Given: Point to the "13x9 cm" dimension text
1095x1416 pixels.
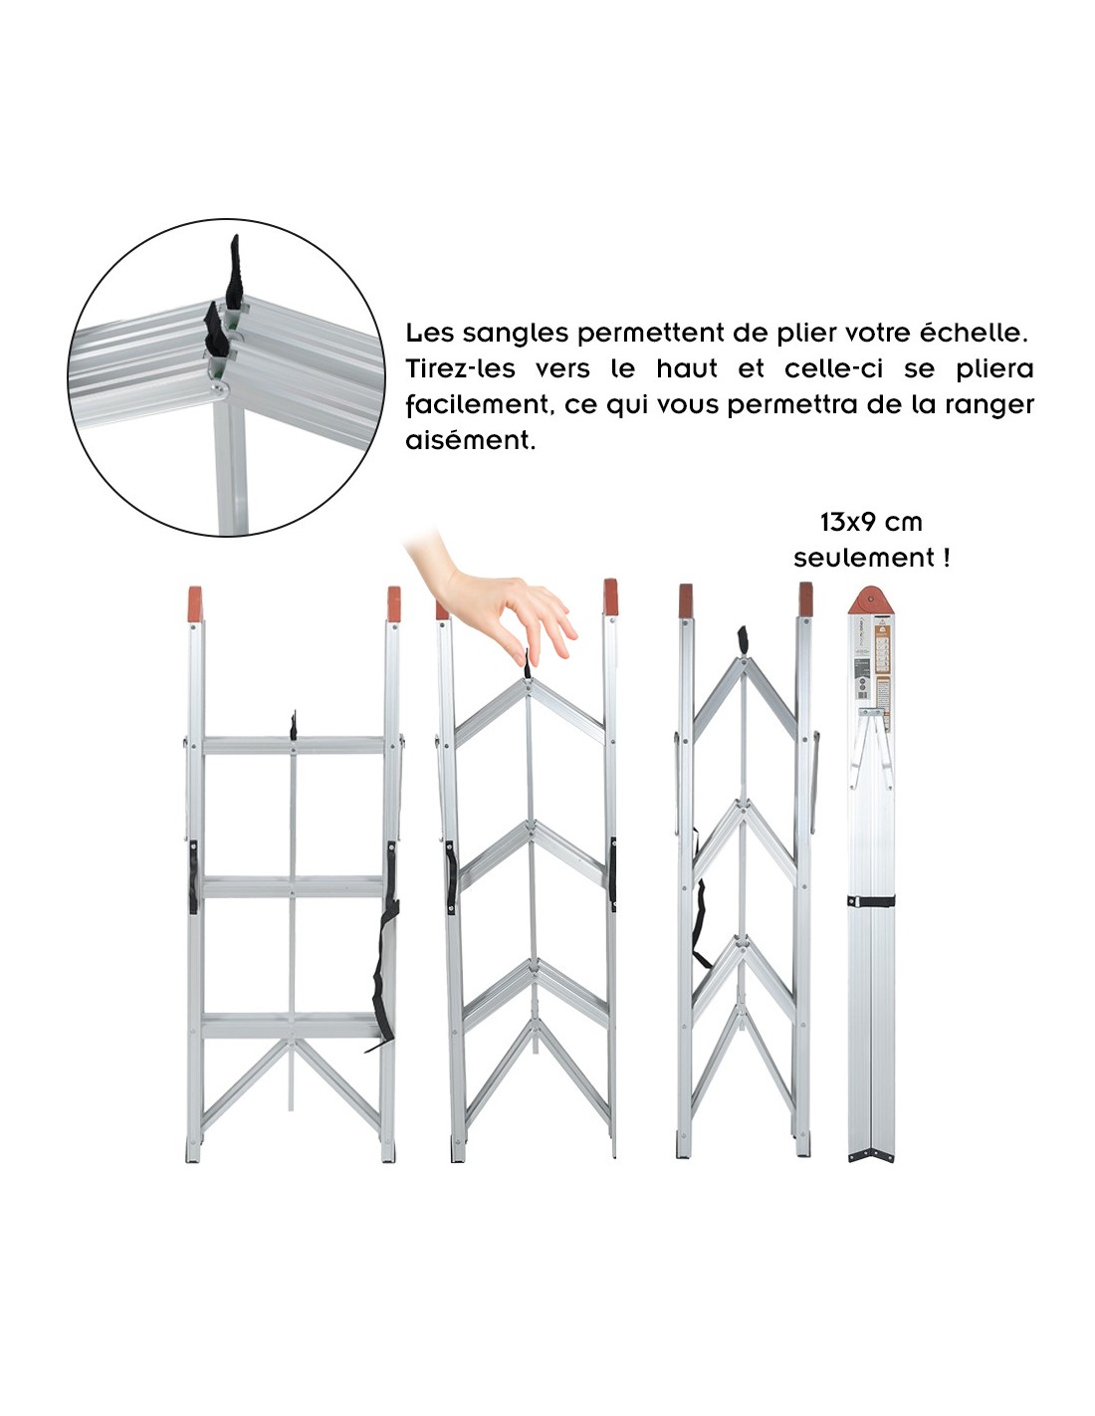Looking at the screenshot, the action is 871,522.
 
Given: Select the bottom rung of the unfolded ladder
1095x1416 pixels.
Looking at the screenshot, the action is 293,1025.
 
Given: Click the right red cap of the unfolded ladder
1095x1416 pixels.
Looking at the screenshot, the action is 394,603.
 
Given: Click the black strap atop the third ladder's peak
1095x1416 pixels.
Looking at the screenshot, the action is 743,642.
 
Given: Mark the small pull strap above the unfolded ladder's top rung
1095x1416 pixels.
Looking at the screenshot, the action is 294,724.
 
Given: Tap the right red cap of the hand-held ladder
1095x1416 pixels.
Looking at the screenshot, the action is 610,596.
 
